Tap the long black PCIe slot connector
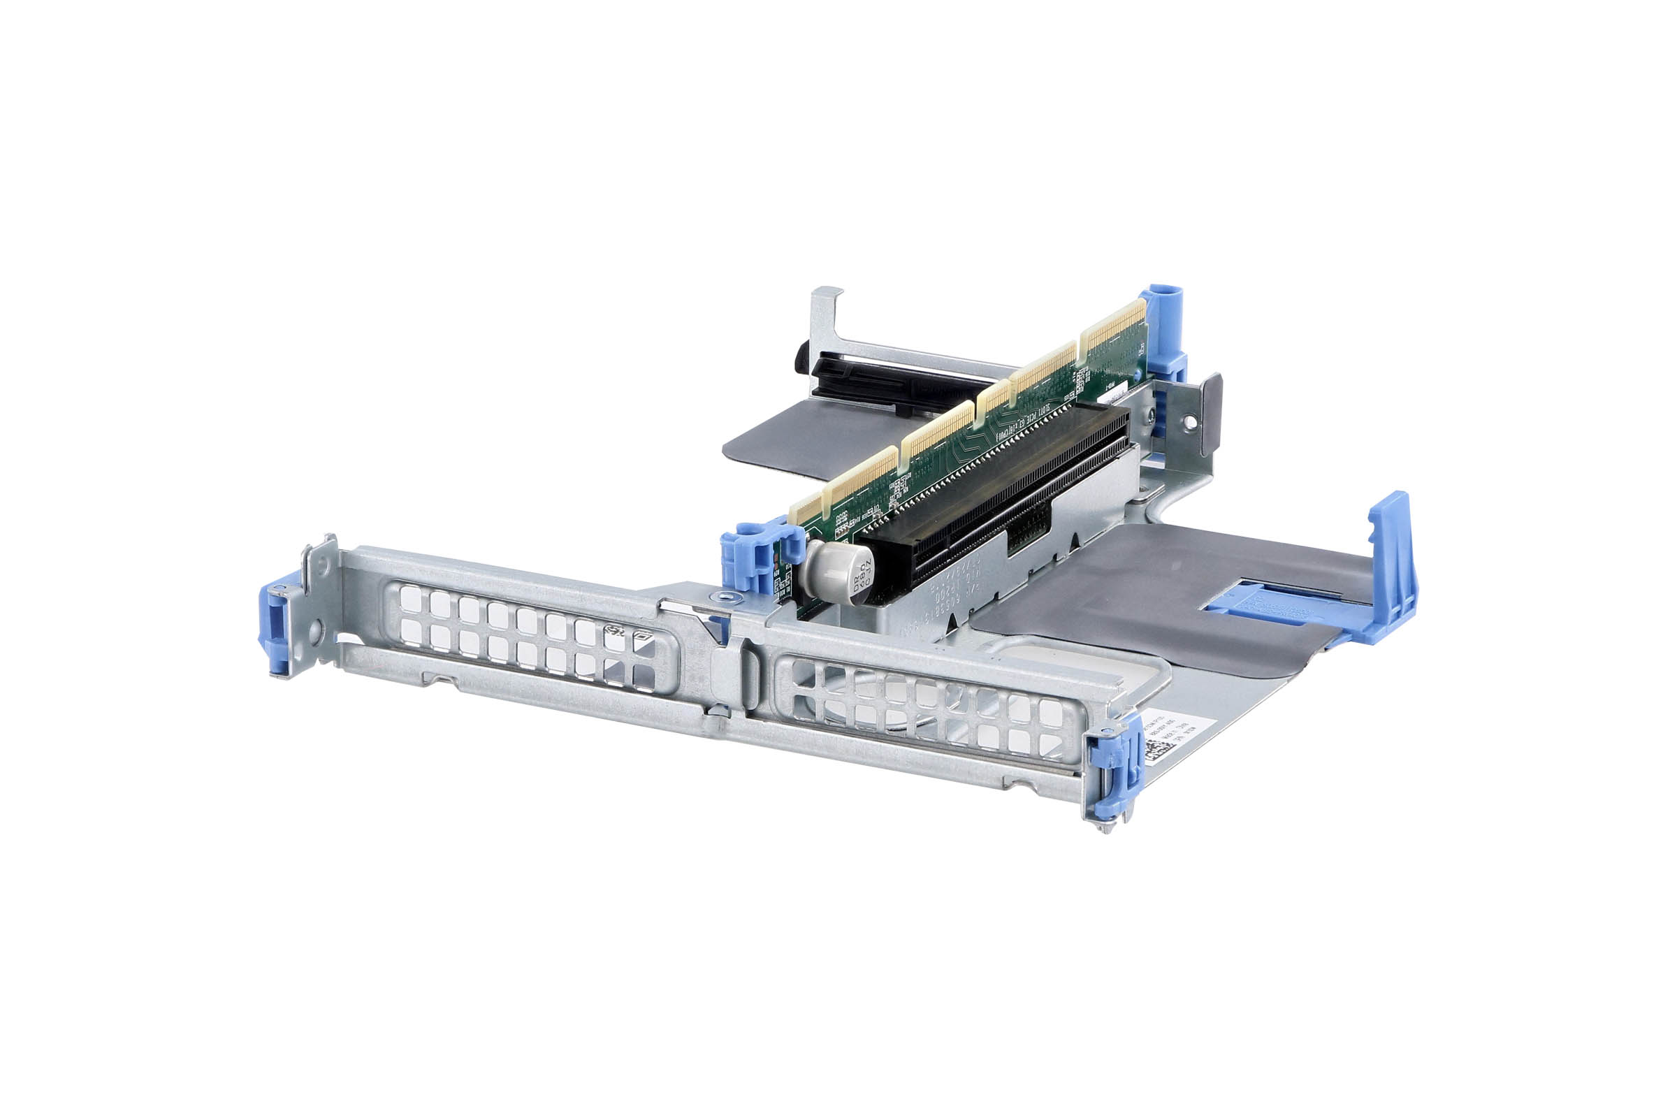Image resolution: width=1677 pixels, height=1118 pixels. (999, 492)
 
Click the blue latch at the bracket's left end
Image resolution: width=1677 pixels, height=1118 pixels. (275, 627)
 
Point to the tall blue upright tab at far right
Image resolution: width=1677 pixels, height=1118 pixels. (1392, 563)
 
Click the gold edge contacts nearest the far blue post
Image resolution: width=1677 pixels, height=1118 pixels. (1112, 331)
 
